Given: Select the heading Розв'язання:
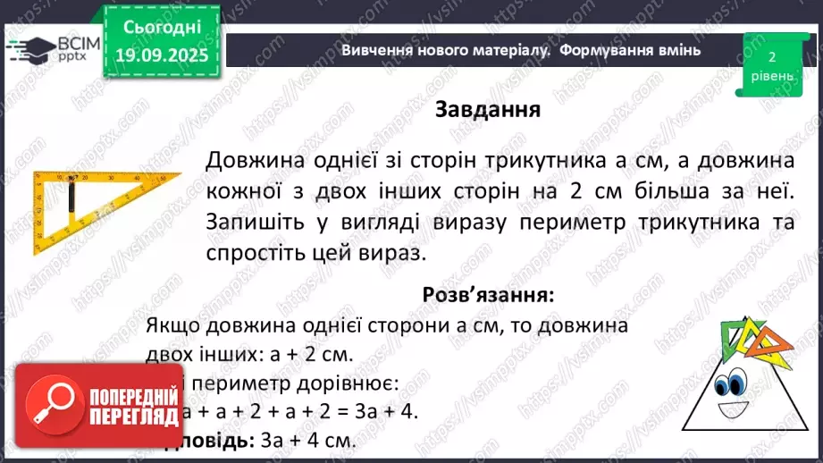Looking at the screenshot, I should (x=488, y=293).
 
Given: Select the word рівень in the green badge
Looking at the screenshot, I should (x=771, y=76).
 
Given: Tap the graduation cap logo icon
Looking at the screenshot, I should (x=26, y=46).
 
